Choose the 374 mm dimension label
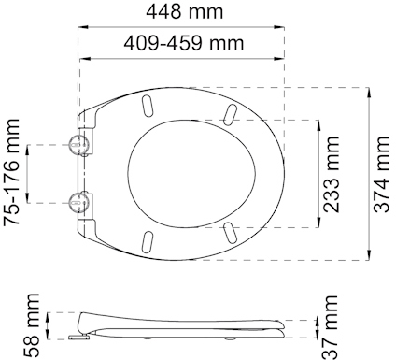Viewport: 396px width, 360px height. [381, 175]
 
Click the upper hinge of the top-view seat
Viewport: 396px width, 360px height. [79, 144]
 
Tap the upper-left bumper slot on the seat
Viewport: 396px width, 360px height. [147, 103]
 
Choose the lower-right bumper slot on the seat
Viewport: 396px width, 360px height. [230, 229]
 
